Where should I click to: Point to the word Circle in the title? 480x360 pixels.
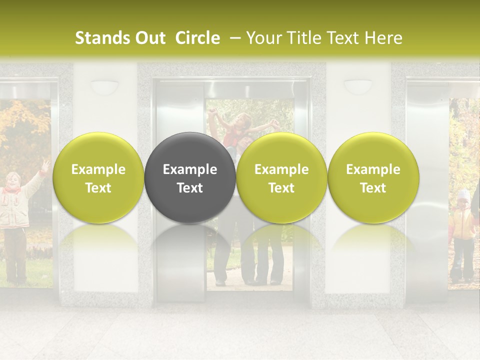pyautogui.click(x=197, y=38)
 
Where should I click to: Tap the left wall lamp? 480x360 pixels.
pyautogui.click(x=104, y=87)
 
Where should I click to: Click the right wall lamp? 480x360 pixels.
pyautogui.click(x=358, y=87)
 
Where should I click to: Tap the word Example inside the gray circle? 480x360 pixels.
pyautogui.click(x=190, y=169)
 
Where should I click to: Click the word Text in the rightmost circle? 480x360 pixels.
pyautogui.click(x=373, y=188)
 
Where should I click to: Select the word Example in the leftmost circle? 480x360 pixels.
pyautogui.click(x=98, y=169)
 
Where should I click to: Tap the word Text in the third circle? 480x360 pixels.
pyautogui.click(x=281, y=188)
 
